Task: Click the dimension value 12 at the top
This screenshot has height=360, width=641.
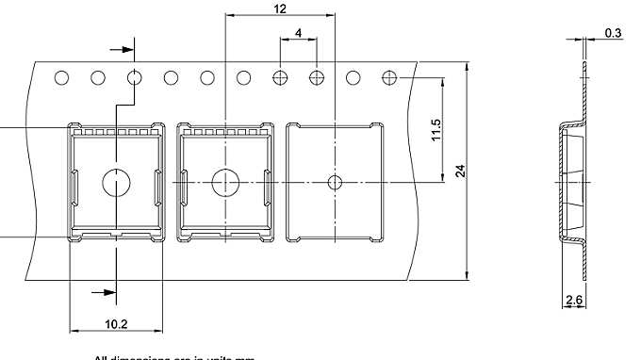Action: [280, 9]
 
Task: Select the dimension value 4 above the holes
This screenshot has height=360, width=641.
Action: [299, 33]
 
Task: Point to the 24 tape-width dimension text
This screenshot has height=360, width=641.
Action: [460, 171]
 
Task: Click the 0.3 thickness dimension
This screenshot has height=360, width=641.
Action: [613, 33]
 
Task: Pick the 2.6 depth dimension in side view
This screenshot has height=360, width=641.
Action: [573, 301]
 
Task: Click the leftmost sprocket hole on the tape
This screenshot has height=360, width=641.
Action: [61, 78]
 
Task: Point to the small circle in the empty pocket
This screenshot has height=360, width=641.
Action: [334, 181]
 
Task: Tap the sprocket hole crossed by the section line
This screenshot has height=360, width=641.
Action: [134, 78]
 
